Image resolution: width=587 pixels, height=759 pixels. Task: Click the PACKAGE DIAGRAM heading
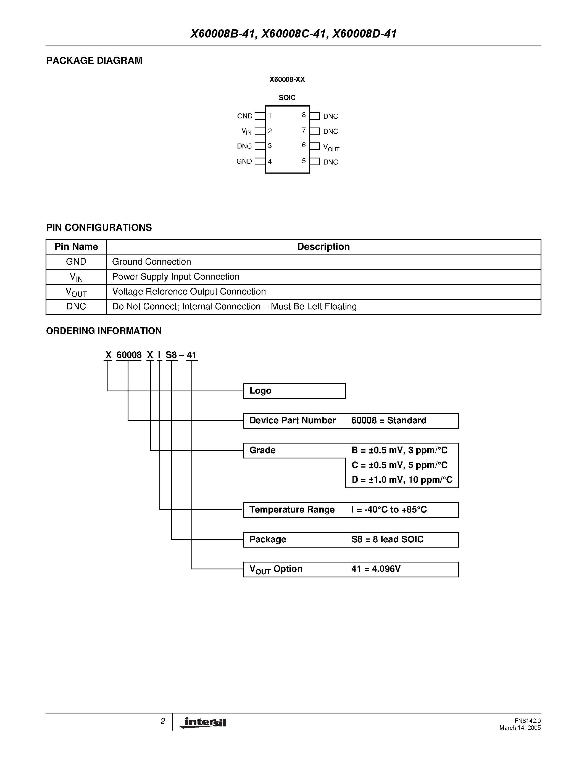[94, 60]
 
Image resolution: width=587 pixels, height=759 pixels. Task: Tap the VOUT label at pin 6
[331, 148]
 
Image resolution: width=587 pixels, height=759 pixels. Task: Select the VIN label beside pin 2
[246, 131]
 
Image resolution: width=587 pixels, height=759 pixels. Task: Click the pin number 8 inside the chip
[304, 115]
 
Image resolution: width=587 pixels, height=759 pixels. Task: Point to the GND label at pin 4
[244, 161]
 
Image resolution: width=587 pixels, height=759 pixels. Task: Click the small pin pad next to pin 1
[260, 116]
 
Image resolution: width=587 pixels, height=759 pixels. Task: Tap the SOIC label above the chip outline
[287, 98]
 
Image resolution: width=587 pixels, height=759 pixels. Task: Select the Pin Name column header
[76, 247]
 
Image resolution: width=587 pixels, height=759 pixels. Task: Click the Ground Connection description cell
[152, 262]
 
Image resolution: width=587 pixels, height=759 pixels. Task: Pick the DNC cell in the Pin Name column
[76, 307]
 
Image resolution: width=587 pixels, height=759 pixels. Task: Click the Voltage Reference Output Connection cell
[189, 291]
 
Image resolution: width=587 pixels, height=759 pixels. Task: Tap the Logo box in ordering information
[294, 391]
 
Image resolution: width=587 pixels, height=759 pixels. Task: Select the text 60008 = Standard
[388, 421]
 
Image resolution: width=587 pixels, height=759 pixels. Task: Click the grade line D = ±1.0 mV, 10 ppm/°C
[402, 480]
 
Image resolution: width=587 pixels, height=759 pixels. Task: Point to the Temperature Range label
[292, 510]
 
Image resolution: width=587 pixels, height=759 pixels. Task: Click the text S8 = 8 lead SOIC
[387, 539]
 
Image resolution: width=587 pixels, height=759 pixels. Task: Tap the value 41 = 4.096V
[376, 569]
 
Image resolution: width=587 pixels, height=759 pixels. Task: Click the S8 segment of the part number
[171, 355]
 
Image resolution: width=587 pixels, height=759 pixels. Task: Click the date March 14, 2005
[520, 728]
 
